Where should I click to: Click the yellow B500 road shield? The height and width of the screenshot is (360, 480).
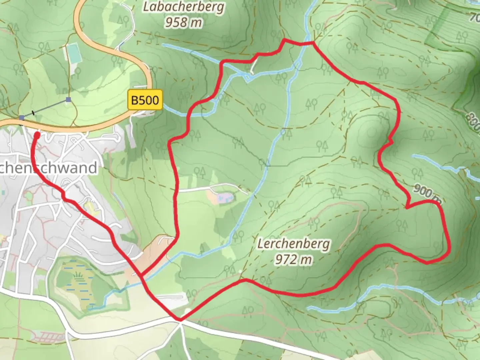[x=145, y=100]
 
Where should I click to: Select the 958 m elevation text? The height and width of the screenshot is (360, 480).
[x=184, y=22]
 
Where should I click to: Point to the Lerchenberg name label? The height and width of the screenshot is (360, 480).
[x=293, y=244]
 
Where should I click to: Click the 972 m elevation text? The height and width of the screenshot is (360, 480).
[x=293, y=259]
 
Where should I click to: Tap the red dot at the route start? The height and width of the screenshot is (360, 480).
[x=37, y=135]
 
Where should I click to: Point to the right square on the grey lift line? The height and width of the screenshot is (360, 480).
[x=68, y=99]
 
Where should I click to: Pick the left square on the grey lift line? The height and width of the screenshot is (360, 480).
[x=22, y=118]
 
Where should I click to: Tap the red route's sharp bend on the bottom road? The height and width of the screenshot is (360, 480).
[x=180, y=319]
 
